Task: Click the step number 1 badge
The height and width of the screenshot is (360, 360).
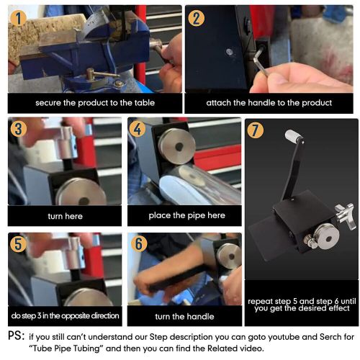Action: (x=18, y=18)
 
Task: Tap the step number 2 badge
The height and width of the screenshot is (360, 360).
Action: (x=196, y=18)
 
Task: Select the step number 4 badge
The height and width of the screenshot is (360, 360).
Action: (x=137, y=129)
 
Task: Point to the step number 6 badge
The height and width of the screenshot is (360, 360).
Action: (x=139, y=243)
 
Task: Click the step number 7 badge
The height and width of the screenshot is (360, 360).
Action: (x=256, y=130)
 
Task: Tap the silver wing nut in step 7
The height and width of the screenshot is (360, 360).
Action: (x=346, y=215)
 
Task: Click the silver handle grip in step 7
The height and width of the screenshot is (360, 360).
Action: (x=292, y=135)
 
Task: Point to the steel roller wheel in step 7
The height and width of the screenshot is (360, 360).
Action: (x=327, y=236)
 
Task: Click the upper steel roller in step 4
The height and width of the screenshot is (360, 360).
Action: (x=177, y=146)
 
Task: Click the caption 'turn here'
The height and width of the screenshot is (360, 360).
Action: (x=65, y=216)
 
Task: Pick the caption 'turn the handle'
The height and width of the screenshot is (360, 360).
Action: (x=184, y=316)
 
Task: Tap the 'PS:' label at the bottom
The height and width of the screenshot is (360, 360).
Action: (x=17, y=336)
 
